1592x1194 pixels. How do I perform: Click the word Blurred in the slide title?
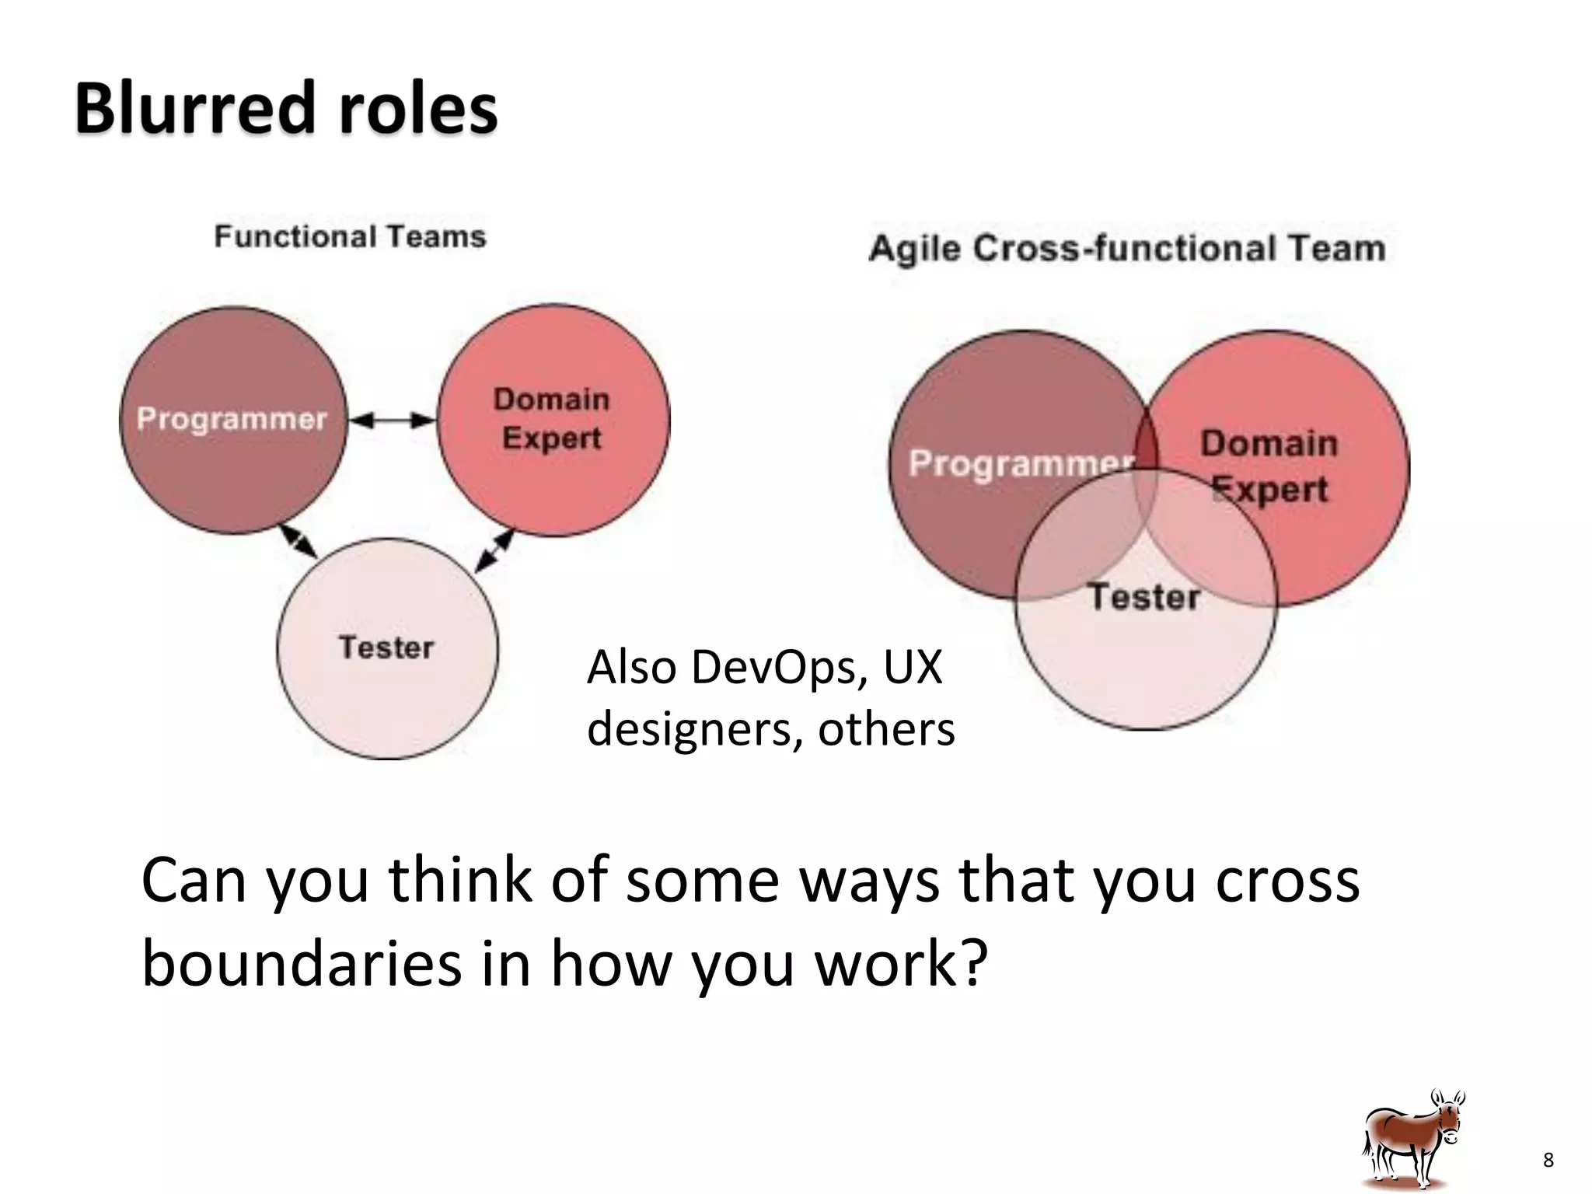tap(195, 109)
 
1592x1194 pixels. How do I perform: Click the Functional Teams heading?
tap(350, 236)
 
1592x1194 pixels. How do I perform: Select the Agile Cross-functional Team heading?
tap(1126, 249)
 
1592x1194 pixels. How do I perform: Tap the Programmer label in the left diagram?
tap(232, 419)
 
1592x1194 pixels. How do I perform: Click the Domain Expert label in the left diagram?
tap(551, 419)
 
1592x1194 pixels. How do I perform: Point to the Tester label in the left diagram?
tap(386, 648)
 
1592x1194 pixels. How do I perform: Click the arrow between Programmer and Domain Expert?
tap(393, 421)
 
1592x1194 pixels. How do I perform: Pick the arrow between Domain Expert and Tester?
tap(494, 550)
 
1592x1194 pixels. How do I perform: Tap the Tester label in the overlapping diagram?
tap(1143, 597)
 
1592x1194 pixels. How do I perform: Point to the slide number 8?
tap(1548, 1161)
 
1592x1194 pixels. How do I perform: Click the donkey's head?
tap(1448, 1120)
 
